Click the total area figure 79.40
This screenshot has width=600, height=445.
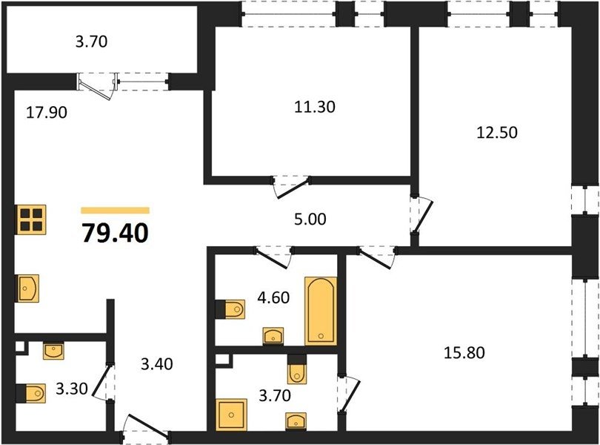coord(115,233)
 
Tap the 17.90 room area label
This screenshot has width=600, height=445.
coord(47,113)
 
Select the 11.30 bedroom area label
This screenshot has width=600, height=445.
coord(315,107)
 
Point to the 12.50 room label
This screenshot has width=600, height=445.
coord(497,132)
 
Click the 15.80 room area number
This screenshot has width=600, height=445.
coord(464,352)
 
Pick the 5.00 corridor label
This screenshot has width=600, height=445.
coord(310,220)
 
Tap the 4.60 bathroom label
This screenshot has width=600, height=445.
coord(273,297)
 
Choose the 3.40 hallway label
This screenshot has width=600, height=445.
coord(157,363)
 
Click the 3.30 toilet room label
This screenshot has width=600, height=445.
coord(72,389)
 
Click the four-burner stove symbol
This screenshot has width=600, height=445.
coord(30,220)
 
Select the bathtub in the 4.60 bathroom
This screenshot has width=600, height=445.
coord(321,311)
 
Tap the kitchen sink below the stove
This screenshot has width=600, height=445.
coord(27,288)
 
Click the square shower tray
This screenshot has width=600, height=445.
coord(231,415)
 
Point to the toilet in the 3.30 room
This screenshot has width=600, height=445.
coord(31,393)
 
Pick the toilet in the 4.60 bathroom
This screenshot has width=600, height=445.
coord(230,309)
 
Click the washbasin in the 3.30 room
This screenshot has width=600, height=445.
coord(53,351)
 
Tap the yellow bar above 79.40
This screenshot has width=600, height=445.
coord(115,210)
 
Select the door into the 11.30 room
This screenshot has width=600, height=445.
coord(292,188)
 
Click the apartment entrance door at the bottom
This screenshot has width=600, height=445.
coord(146,426)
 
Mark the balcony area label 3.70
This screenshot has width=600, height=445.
coord(91,42)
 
